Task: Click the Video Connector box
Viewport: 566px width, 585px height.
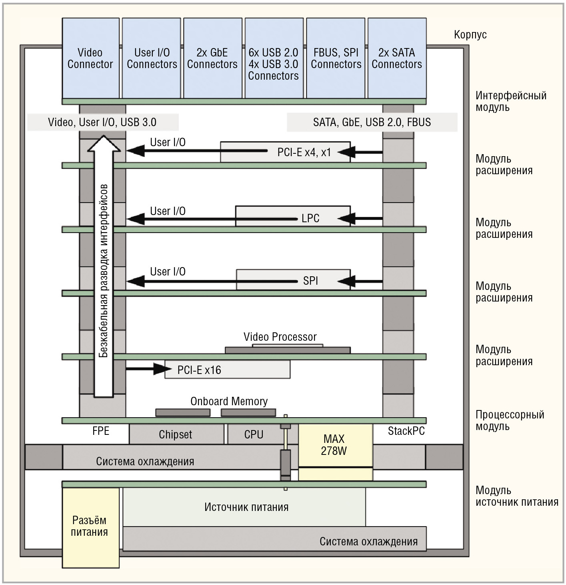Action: [91, 58]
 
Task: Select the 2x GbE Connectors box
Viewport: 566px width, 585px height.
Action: [212, 58]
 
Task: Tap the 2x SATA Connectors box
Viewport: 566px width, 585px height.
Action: [397, 58]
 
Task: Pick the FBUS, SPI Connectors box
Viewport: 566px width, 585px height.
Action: [336, 58]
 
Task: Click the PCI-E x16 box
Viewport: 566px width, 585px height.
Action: [227, 370]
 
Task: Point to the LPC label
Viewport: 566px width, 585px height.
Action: [310, 218]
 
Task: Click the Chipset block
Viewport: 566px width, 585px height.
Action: [176, 434]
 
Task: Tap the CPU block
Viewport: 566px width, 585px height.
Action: [254, 434]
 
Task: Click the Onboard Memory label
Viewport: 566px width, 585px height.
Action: [229, 401]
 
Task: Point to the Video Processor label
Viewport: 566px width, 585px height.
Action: [280, 337]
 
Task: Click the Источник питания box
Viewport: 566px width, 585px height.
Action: [244, 507]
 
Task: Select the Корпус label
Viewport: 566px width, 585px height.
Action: [470, 35]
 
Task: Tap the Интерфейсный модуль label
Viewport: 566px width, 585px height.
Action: [511, 101]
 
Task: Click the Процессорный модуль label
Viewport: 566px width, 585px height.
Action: [510, 420]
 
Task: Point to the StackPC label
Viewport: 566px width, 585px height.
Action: [406, 431]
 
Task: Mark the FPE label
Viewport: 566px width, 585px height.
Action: [101, 431]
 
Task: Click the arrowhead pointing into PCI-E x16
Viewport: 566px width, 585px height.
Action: [160, 369]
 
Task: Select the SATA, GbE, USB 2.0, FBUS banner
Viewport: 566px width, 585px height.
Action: [372, 122]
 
